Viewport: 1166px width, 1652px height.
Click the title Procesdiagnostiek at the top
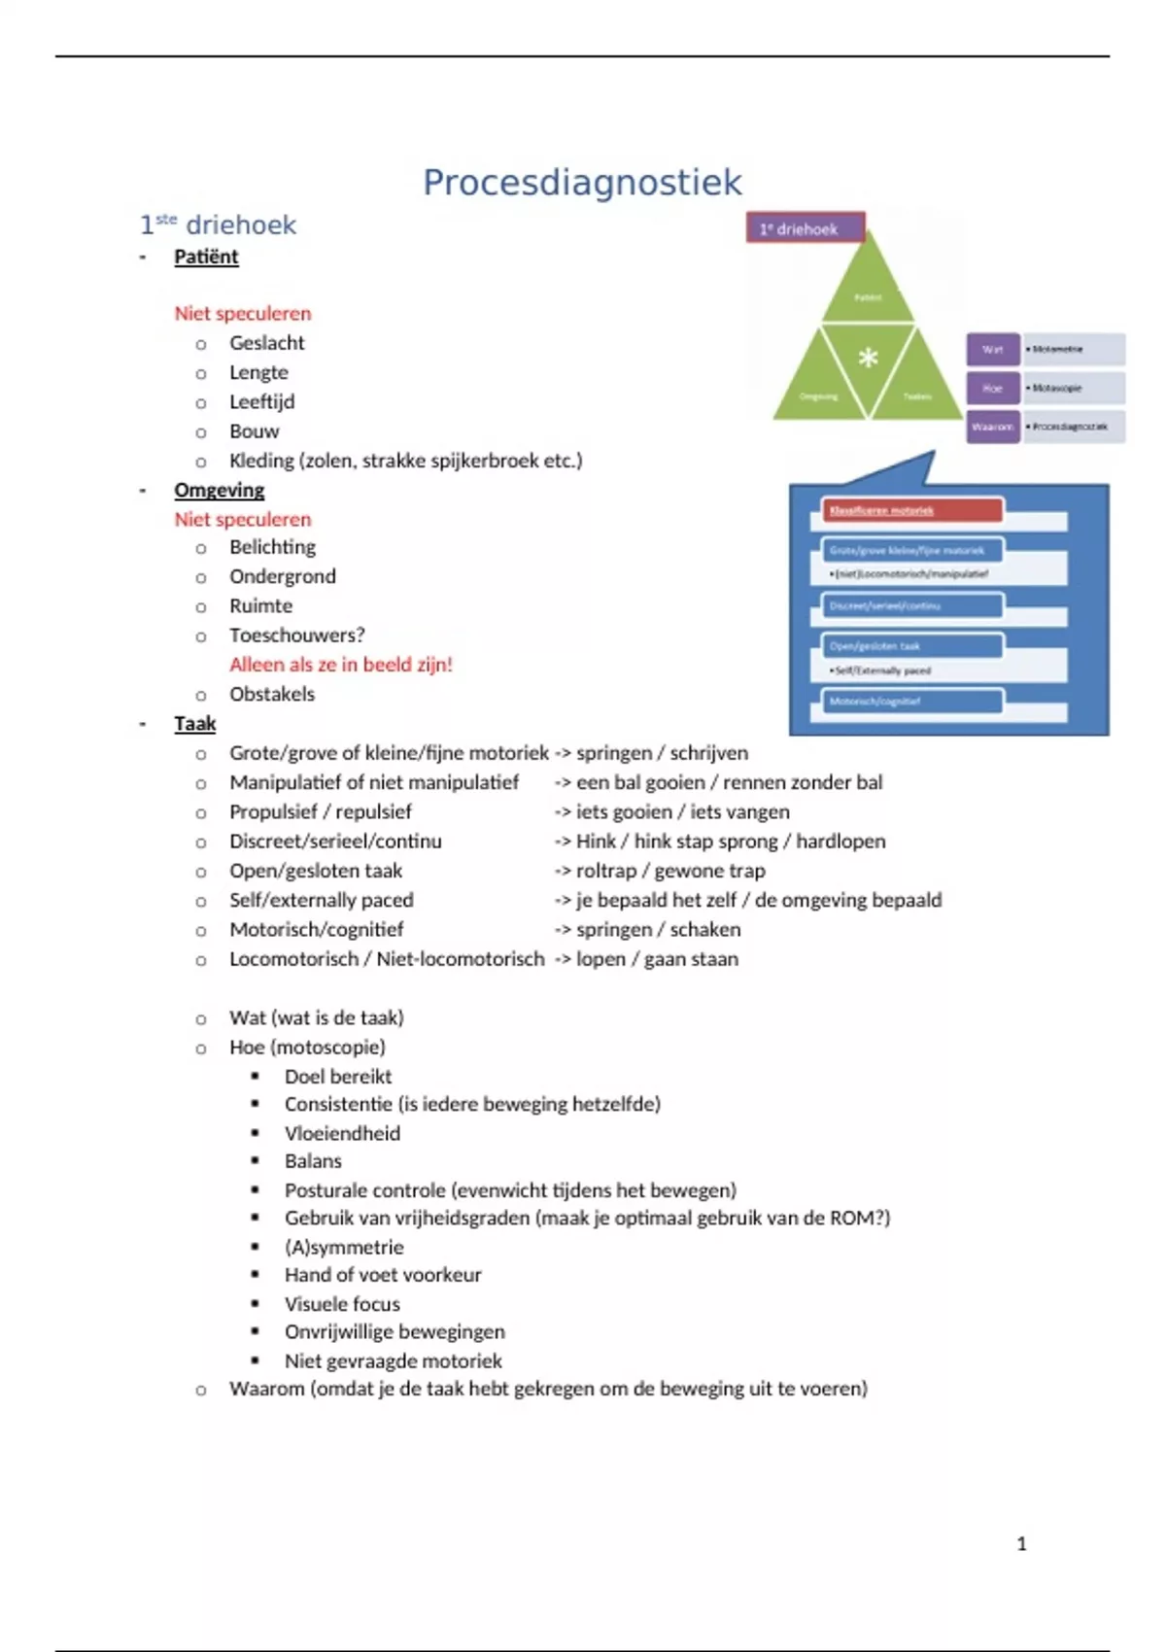tap(582, 183)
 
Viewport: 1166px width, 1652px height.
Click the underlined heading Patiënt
tap(206, 257)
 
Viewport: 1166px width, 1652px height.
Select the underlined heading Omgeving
tap(219, 490)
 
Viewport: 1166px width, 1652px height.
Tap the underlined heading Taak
tap(194, 724)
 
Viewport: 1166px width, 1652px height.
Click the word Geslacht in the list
tap(266, 343)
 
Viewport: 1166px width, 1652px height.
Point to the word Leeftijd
tap(261, 401)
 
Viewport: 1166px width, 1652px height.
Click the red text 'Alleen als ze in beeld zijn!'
tap(341, 665)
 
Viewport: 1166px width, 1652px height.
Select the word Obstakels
tap(272, 694)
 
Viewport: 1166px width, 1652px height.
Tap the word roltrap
tap(605, 871)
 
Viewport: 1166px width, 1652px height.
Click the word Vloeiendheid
tap(342, 1133)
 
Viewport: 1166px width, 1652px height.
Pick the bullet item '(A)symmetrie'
tap(344, 1247)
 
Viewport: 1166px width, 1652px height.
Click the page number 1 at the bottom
tap(1021, 1543)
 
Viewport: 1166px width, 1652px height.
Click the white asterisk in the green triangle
tap(868, 358)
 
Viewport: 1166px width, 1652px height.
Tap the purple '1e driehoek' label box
tap(806, 229)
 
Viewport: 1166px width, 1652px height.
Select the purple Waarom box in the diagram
tap(992, 427)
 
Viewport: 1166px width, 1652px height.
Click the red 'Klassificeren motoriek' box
tap(911, 510)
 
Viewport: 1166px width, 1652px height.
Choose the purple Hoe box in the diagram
tap(992, 388)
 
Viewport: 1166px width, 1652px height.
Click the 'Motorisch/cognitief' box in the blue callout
tap(911, 702)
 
